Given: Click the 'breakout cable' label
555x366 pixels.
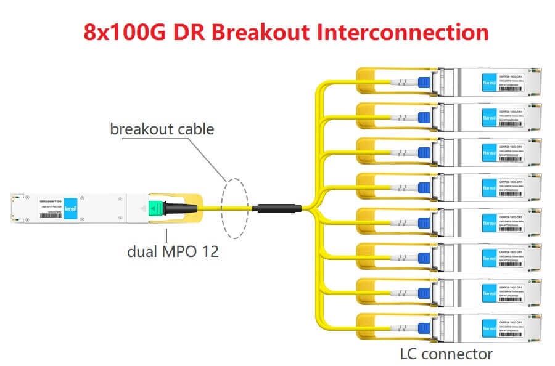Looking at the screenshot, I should click(162, 129).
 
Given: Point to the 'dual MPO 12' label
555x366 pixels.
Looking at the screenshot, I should click(173, 251).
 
